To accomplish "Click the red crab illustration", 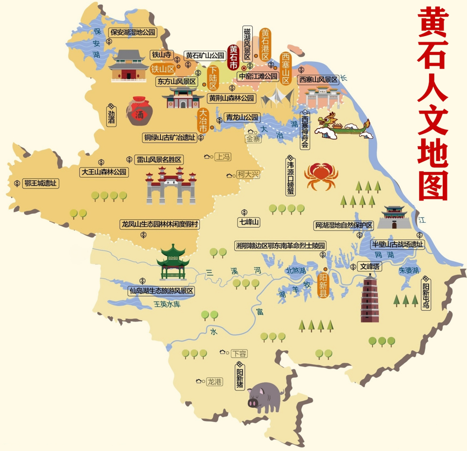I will click(321, 176).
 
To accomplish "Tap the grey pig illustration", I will click(264, 397).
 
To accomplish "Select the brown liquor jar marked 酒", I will click(140, 111).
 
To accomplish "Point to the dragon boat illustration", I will click(344, 126).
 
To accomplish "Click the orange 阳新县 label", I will click(323, 285).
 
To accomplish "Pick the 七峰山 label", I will click(249, 222).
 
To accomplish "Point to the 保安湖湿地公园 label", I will click(133, 32).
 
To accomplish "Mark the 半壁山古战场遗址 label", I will click(398, 244).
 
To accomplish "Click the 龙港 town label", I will click(215, 382).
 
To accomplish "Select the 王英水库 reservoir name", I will click(167, 304).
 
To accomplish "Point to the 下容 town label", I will click(239, 353).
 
